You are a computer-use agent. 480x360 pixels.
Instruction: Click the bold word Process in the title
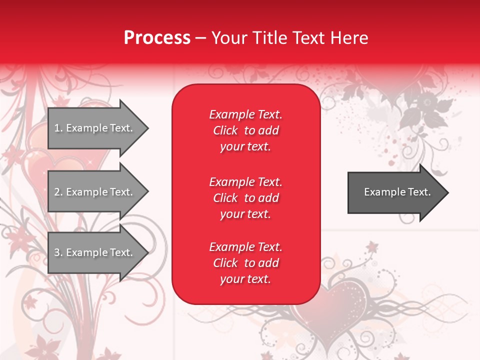pyautogui.click(x=157, y=38)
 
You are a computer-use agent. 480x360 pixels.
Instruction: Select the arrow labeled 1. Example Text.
pyautogui.click(x=95, y=128)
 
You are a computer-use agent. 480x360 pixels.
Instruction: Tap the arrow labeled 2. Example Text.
pyautogui.click(x=95, y=192)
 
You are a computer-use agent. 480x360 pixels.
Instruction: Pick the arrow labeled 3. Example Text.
pyautogui.click(x=95, y=252)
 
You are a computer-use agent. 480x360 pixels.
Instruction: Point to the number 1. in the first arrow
pyautogui.click(x=58, y=128)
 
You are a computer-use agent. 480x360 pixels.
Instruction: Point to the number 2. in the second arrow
pyautogui.click(x=58, y=192)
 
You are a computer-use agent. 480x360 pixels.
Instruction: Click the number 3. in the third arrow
pyautogui.click(x=58, y=252)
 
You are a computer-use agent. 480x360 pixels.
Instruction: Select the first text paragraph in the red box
pyautogui.click(x=245, y=130)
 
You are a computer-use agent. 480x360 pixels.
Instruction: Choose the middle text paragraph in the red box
pyautogui.click(x=245, y=198)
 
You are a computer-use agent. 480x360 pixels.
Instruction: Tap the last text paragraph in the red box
pyautogui.click(x=245, y=263)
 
